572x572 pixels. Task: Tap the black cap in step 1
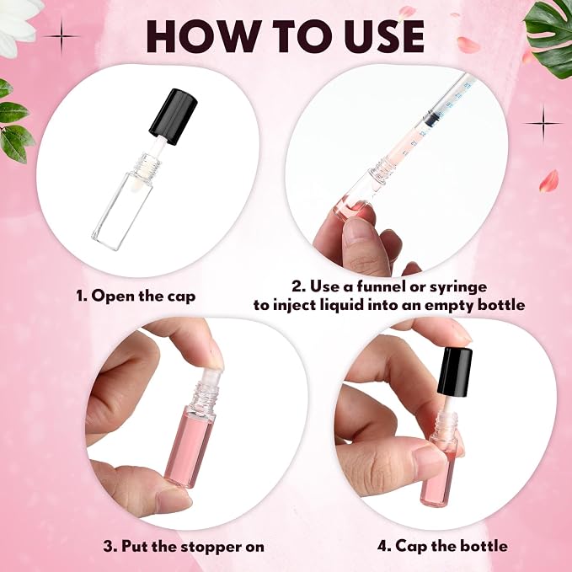(174, 116)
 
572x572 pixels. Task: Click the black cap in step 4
(455, 372)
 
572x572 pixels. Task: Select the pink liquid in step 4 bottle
(437, 477)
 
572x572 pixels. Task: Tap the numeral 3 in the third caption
(108, 547)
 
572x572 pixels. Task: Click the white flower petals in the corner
(19, 25)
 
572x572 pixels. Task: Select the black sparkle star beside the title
(61, 36)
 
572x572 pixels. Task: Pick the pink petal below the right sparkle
(549, 181)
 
